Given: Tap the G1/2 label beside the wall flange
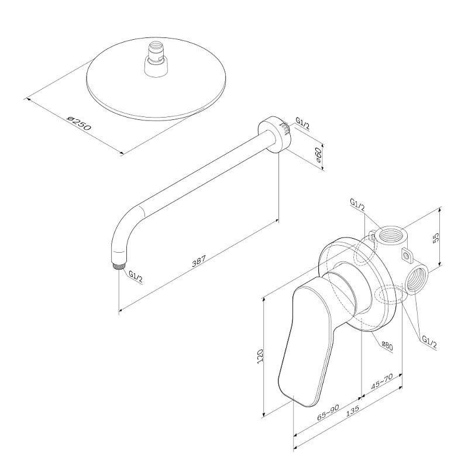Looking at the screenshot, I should pyautogui.click(x=302, y=122).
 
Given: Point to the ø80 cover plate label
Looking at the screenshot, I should pyautogui.click(x=387, y=345).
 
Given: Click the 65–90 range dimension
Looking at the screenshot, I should pyautogui.click(x=328, y=413).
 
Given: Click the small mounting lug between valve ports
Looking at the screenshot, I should pyautogui.click(x=405, y=255).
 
